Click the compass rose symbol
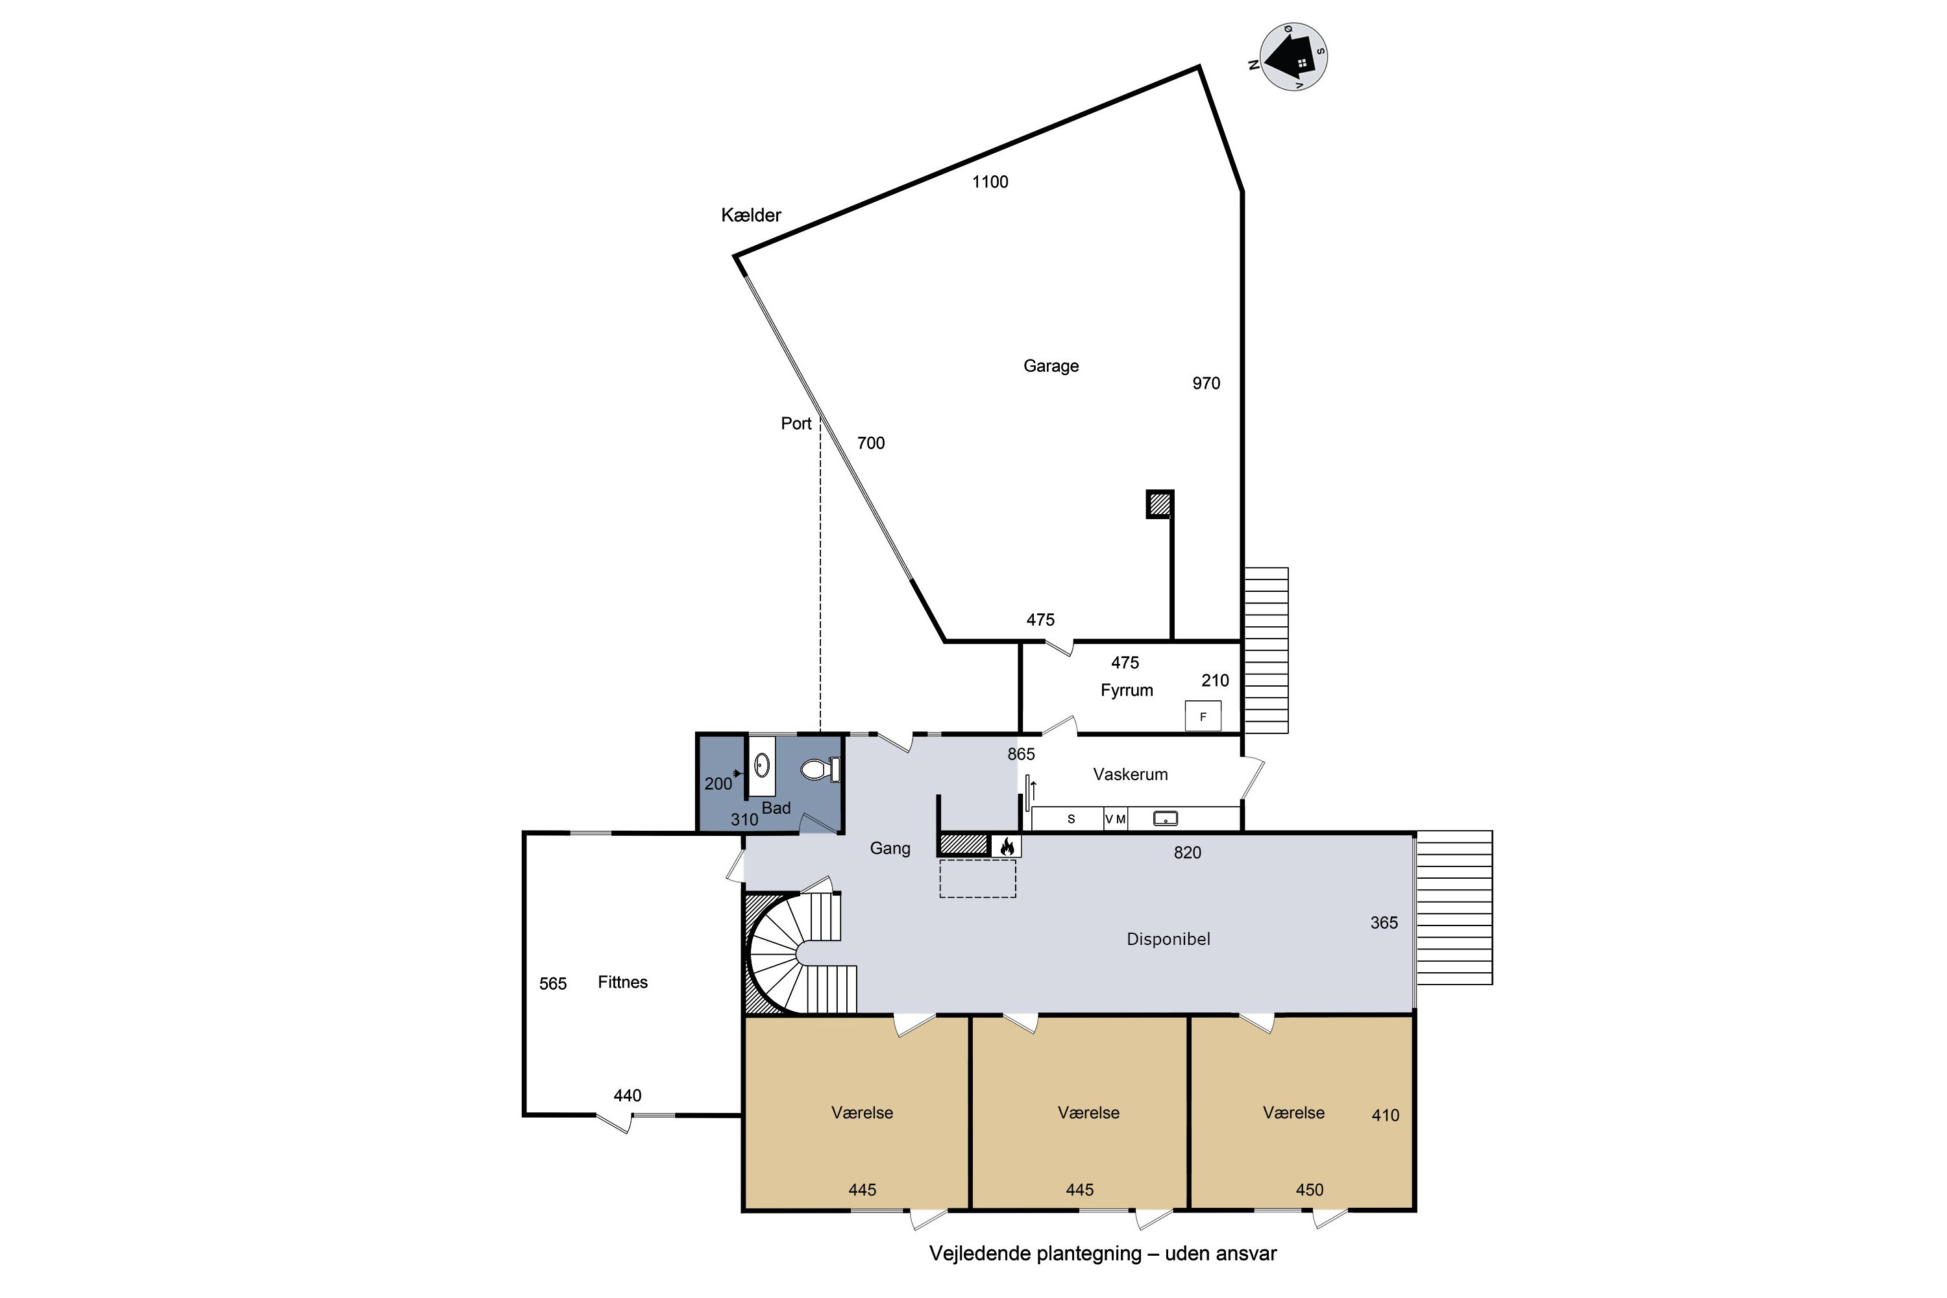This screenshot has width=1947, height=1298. point(1293,57)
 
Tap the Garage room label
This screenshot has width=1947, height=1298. point(1051,366)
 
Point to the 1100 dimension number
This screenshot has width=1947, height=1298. point(990,182)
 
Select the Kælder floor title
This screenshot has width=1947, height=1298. point(751,215)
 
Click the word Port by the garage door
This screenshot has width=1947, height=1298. point(796,424)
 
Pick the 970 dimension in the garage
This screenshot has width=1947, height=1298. point(1206,384)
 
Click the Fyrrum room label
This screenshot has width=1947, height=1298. point(1127,691)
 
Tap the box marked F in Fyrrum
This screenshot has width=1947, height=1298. point(1203,716)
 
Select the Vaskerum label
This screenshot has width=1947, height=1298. point(1131,775)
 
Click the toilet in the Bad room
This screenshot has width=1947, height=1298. point(821,770)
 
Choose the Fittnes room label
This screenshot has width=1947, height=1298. point(622,983)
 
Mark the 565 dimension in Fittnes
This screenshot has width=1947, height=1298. point(553,985)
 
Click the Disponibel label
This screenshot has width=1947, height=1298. point(1168,940)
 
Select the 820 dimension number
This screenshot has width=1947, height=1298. point(1187,853)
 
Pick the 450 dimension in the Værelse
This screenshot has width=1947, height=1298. point(1310,1190)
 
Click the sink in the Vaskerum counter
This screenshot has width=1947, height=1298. point(1166,818)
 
